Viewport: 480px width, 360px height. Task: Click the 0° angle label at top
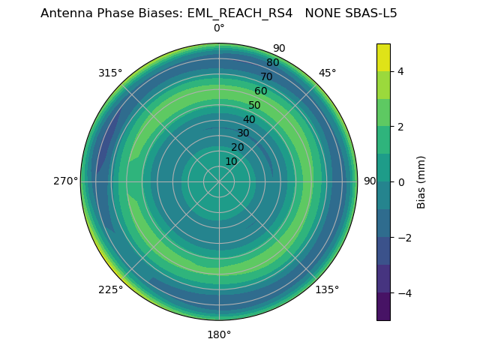pos(219,28)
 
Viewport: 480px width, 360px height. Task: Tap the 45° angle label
pos(327,73)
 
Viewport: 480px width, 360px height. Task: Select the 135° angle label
pos(327,289)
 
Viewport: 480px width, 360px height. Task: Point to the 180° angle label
pos(219,334)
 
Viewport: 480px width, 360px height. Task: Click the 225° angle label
pos(110,289)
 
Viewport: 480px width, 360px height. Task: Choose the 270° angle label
pos(65,181)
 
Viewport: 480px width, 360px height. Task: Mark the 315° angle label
pos(110,73)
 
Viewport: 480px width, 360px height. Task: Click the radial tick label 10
pos(231,161)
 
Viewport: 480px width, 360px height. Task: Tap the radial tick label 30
pos(243,133)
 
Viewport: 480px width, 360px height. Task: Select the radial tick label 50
pos(255,105)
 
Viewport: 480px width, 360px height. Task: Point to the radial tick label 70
pos(266,76)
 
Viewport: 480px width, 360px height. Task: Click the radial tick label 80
pos(272,62)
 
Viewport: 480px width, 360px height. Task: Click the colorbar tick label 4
pos(401,71)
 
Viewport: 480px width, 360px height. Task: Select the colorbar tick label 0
pos(401,182)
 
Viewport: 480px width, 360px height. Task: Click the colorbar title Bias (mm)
pos(421,181)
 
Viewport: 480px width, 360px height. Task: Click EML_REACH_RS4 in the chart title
pos(240,13)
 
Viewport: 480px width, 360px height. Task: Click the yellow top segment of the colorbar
pos(383,57)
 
